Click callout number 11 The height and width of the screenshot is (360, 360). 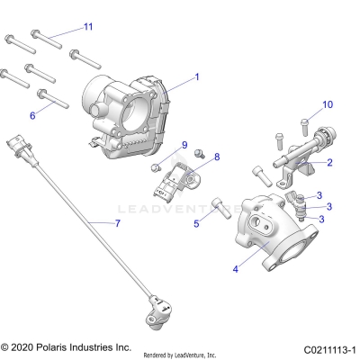point(87,27)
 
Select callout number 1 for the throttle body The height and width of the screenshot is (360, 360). point(197,78)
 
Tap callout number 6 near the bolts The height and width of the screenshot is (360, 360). point(32,115)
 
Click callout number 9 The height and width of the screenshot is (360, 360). point(184,145)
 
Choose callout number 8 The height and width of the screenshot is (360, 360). point(216,157)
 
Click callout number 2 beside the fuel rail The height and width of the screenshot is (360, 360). point(329,163)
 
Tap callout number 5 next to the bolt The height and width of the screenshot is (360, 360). point(196,225)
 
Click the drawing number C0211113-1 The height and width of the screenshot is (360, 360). point(330,347)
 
